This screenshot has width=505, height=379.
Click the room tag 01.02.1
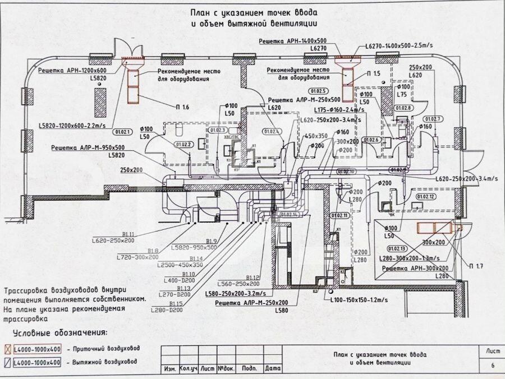[x=122, y=133]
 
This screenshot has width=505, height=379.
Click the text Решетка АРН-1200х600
[x=72, y=71]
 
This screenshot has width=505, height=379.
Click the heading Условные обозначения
[x=61, y=332]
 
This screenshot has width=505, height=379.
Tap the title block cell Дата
[x=272, y=368]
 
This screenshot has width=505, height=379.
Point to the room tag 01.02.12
[x=425, y=197]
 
